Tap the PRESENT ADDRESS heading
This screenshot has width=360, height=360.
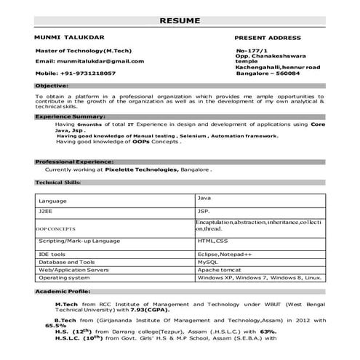click(x=267, y=36)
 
